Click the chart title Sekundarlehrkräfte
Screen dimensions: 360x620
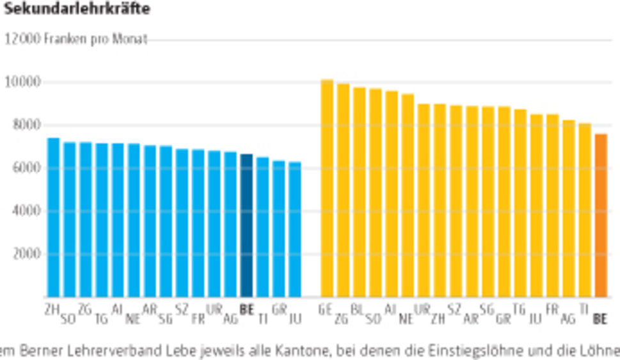pyautogui.click(x=77, y=9)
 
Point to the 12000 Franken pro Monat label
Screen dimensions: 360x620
pyautogui.click(x=76, y=39)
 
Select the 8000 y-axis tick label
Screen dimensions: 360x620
pyautogui.click(x=26, y=125)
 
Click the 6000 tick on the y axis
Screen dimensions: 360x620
pyautogui.click(x=26, y=168)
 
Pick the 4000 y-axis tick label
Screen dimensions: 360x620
pyautogui.click(x=26, y=210)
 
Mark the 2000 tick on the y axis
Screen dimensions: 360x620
pyautogui.click(x=26, y=253)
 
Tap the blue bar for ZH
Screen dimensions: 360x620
pyautogui.click(x=53, y=217)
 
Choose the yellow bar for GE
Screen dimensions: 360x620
pyautogui.click(x=326, y=188)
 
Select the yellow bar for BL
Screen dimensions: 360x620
pyautogui.click(x=359, y=192)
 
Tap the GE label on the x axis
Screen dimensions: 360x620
pyautogui.click(x=325, y=309)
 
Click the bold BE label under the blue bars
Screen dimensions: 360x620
pyautogui.click(x=246, y=309)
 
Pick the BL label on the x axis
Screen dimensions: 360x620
pyautogui.click(x=358, y=309)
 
